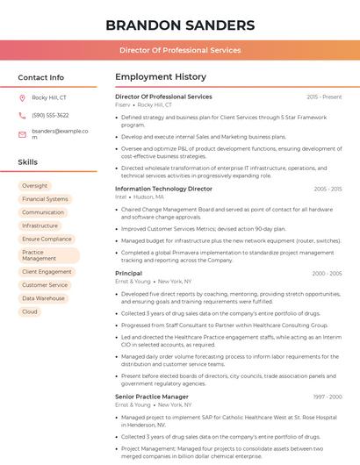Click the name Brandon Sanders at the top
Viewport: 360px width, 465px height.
coord(179,23)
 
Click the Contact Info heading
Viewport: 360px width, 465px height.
coord(40,77)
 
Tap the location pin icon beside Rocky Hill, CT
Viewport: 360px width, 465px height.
coord(22,97)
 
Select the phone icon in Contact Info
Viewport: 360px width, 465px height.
coord(22,116)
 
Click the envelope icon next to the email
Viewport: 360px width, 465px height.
coord(22,134)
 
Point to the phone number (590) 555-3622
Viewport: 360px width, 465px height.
coord(50,116)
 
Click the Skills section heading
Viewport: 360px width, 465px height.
coord(28,162)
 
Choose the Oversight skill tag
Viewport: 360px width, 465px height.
coord(35,186)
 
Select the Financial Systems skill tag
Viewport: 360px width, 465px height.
coord(45,199)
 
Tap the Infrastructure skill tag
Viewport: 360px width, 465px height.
coord(40,225)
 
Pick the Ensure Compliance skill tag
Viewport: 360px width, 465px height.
coord(47,239)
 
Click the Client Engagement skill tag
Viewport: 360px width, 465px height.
coord(47,272)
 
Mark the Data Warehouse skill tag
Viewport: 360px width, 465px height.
coord(43,298)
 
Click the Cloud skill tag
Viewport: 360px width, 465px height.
coord(30,311)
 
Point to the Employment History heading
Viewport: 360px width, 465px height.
coord(161,77)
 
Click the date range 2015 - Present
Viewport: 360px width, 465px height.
coord(324,97)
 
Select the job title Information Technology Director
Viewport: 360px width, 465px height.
coord(163,189)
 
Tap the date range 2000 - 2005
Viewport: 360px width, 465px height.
coord(327,274)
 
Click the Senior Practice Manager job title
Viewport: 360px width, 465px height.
coord(152,397)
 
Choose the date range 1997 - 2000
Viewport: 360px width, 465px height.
coord(327,397)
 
